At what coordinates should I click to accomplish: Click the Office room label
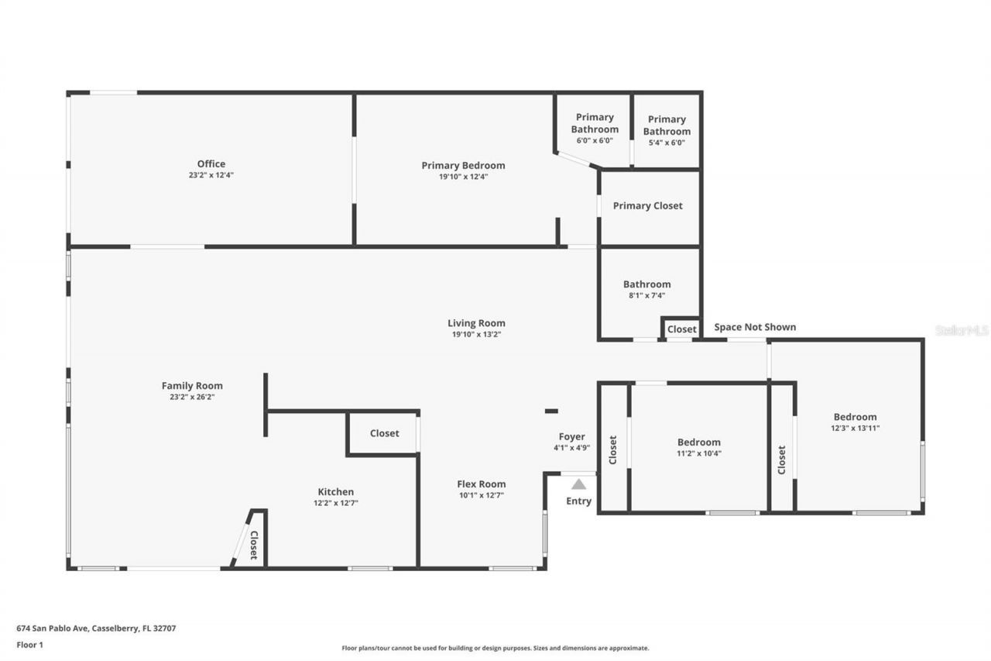[211, 164]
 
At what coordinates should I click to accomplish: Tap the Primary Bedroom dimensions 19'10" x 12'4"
[463, 177]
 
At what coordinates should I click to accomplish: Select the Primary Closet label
[647, 205]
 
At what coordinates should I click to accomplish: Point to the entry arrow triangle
[578, 484]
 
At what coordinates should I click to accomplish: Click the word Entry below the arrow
[578, 501]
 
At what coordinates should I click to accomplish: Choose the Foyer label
[572, 436]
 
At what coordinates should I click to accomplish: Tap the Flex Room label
[481, 484]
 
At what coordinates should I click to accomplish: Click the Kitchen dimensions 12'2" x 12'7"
[335, 503]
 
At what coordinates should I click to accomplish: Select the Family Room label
[192, 385]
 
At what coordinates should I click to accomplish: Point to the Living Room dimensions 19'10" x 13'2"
[476, 335]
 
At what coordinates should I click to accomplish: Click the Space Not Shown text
[754, 327]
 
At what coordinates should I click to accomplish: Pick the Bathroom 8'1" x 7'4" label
[646, 284]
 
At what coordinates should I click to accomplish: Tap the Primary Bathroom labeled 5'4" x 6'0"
[667, 125]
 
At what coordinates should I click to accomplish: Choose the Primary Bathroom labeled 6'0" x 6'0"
[595, 123]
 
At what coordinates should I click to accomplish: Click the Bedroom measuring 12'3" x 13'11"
[855, 417]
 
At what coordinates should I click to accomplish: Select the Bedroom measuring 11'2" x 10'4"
[698, 442]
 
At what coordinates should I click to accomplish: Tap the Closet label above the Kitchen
[384, 433]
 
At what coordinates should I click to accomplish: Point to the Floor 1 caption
[30, 645]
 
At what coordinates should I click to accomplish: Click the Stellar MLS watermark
[962, 330]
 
